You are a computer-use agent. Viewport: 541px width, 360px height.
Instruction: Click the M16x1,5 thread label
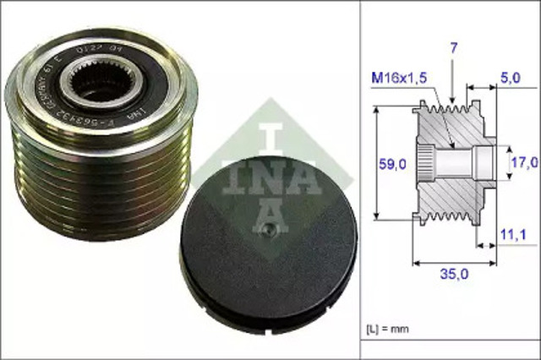(399, 79)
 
